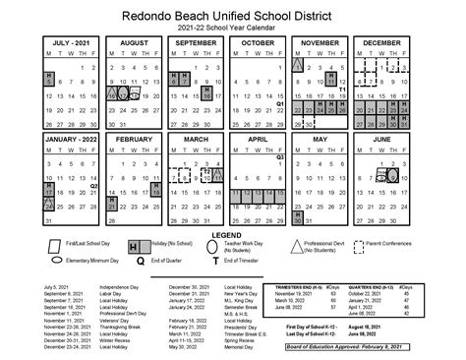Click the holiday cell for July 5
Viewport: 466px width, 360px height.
pyautogui.click(x=49, y=82)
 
